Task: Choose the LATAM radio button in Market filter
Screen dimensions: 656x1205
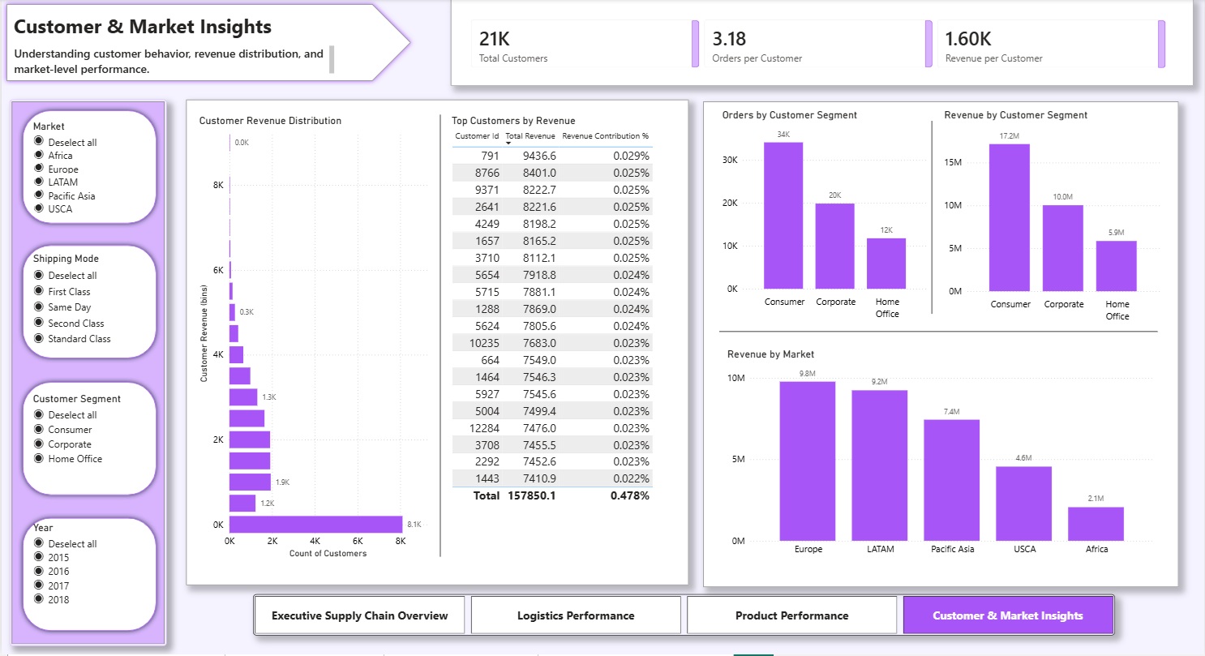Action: (38, 182)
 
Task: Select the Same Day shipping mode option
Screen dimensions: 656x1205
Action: (38, 307)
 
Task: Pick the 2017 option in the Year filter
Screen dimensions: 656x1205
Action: (38, 585)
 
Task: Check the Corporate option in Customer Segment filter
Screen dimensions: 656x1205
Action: (38, 444)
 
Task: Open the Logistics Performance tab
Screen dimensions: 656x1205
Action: (576, 615)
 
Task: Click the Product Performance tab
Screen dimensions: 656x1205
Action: (791, 615)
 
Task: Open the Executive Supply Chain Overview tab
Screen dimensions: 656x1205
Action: (359, 615)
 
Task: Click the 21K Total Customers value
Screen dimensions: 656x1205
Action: (495, 39)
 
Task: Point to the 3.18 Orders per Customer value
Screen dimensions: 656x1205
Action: (729, 39)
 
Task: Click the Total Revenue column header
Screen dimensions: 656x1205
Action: (530, 136)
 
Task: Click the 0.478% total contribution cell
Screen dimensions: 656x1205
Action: (629, 495)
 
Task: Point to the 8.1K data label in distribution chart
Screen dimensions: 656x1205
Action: (414, 525)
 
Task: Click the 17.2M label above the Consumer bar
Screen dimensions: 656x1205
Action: (1009, 135)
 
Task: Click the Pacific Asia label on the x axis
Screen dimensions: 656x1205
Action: (952, 549)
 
